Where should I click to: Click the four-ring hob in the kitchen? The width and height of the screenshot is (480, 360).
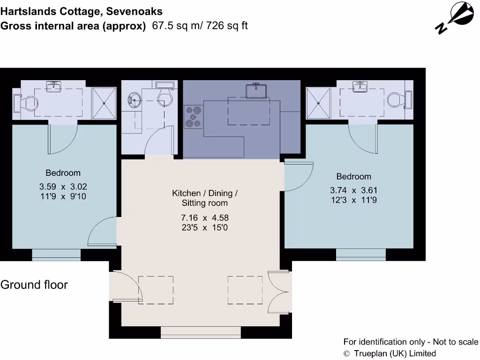point(194,116)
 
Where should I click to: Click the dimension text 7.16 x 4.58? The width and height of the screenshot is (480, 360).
point(204,218)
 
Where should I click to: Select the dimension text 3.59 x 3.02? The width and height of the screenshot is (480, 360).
point(63,187)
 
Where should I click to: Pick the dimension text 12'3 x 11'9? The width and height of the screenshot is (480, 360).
point(353,200)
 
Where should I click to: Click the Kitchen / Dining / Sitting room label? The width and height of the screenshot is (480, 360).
point(204,198)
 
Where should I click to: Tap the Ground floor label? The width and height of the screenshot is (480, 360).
point(34,285)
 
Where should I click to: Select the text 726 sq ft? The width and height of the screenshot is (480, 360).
point(226,26)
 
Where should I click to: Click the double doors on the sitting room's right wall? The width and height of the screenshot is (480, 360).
point(279,292)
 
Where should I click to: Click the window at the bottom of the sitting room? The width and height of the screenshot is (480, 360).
point(201,332)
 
